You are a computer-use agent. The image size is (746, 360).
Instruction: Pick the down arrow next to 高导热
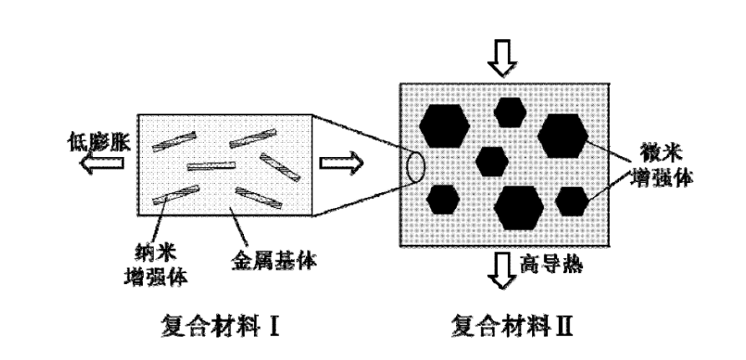coord(502,271)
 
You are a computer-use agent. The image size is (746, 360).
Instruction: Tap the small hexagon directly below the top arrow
coord(507,111)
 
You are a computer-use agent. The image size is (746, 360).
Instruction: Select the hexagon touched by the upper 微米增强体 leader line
coord(561,134)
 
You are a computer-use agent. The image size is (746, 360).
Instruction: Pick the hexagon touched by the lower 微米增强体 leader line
coord(571,201)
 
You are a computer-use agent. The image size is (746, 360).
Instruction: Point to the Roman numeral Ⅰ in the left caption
coord(271,322)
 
